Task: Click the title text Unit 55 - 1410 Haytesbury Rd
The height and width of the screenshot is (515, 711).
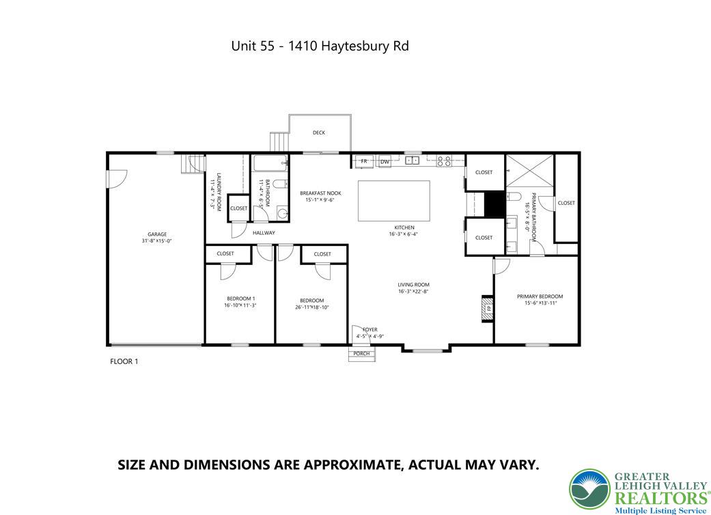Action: (x=320, y=46)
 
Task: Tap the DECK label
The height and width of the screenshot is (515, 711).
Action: (x=319, y=133)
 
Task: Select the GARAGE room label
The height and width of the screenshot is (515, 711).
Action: (x=157, y=234)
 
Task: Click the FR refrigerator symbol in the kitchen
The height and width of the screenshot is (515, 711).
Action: (x=364, y=161)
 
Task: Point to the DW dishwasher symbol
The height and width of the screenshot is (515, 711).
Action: (x=385, y=161)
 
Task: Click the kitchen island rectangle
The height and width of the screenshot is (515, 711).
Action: (x=394, y=201)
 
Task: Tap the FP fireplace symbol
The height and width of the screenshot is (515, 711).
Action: (x=488, y=308)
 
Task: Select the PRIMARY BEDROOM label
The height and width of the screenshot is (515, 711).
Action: (x=540, y=296)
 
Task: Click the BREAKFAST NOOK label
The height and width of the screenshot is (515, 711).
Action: (x=320, y=193)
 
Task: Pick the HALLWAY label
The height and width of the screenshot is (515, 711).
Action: (x=264, y=233)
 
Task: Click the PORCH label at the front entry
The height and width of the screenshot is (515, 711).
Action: (x=361, y=353)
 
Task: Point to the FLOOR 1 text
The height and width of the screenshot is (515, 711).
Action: (x=124, y=361)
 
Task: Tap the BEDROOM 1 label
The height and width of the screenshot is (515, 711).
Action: (x=240, y=298)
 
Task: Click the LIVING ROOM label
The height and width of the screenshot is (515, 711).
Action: (x=414, y=285)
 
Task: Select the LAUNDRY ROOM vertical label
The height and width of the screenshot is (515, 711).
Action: (x=216, y=191)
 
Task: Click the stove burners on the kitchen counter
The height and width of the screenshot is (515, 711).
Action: (x=443, y=161)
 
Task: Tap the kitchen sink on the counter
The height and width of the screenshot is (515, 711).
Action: (x=412, y=161)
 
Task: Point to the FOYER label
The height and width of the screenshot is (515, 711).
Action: (x=370, y=330)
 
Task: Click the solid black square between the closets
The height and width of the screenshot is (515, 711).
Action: (x=493, y=204)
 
